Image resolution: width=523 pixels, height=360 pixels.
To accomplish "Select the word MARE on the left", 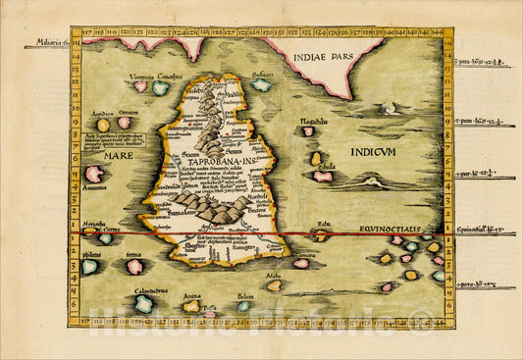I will click(x=109, y=155).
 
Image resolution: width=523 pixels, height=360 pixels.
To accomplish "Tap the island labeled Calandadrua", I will click(x=143, y=304).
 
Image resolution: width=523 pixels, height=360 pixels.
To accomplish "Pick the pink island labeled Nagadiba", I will click(x=308, y=130).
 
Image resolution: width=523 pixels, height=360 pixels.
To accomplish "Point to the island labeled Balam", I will click(x=243, y=306).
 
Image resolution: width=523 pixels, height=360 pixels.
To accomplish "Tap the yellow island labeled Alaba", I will click(x=275, y=285).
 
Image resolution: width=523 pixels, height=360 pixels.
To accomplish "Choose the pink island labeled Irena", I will click(x=135, y=267).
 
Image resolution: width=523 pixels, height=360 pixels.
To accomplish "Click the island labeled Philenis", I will click(x=89, y=266).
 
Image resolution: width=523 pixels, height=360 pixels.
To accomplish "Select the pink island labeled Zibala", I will click(x=322, y=177).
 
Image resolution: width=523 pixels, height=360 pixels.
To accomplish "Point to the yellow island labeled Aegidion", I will click(x=103, y=125).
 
